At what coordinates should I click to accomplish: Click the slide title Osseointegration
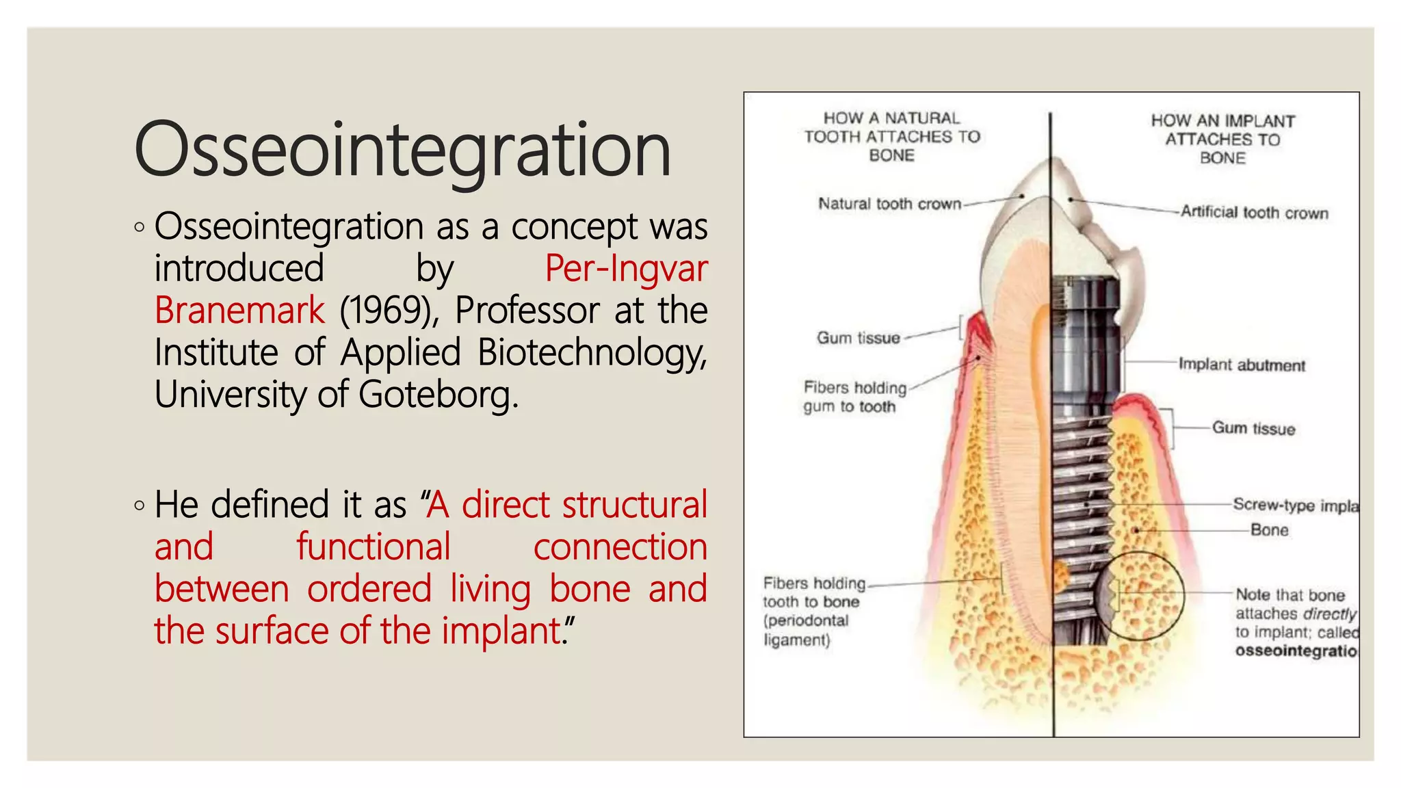pyautogui.click(x=402, y=149)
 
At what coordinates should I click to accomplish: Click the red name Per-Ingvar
pyautogui.click(x=625, y=268)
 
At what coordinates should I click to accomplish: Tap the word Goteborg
pyautogui.click(x=438, y=395)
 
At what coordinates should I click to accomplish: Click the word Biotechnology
pyautogui.click(x=591, y=353)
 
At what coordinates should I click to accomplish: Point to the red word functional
pyautogui.click(x=373, y=547)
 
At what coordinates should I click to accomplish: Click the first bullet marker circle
pyautogui.click(x=140, y=227)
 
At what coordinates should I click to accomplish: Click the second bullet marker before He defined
pyautogui.click(x=140, y=506)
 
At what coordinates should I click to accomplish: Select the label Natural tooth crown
pyautogui.click(x=889, y=204)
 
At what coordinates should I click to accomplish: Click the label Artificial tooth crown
pyautogui.click(x=1254, y=213)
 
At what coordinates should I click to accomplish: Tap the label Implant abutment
pyautogui.click(x=1241, y=365)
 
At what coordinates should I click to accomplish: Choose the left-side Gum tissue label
pyautogui.click(x=858, y=338)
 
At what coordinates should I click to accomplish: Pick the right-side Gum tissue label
pyautogui.click(x=1253, y=429)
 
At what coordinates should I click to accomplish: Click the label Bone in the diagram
pyautogui.click(x=1269, y=530)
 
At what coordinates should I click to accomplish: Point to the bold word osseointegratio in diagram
pyautogui.click(x=1296, y=651)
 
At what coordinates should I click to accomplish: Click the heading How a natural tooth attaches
pyautogui.click(x=892, y=137)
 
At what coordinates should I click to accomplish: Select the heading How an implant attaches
pyautogui.click(x=1222, y=140)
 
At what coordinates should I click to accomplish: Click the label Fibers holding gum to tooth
pyautogui.click(x=854, y=397)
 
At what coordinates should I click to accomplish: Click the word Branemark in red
pyautogui.click(x=239, y=311)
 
